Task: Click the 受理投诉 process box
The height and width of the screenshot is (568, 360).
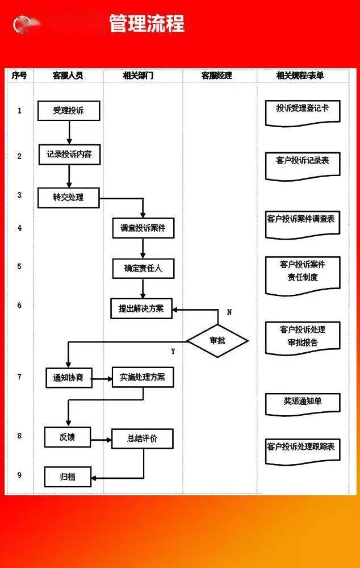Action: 69,111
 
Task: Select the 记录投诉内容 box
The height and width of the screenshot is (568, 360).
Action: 69,154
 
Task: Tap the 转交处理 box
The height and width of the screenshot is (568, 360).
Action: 69,198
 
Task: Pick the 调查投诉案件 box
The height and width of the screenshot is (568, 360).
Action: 143,228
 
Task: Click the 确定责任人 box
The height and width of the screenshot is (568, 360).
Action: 143,268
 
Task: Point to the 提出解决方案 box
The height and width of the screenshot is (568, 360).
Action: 141,308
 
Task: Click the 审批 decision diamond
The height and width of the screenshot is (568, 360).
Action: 217,341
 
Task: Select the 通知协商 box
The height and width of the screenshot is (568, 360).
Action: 69,377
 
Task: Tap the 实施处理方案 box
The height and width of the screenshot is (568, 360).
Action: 143,377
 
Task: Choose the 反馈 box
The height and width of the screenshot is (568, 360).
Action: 67,437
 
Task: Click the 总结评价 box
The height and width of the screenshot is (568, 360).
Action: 142,438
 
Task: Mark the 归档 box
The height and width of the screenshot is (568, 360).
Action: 68,477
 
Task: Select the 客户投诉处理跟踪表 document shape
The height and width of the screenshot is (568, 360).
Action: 303,448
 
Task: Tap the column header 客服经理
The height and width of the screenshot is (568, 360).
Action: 217,76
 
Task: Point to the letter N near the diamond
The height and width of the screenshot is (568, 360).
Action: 229,312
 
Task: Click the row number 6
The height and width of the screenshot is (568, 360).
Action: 20,306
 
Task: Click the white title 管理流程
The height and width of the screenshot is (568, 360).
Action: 146,24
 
